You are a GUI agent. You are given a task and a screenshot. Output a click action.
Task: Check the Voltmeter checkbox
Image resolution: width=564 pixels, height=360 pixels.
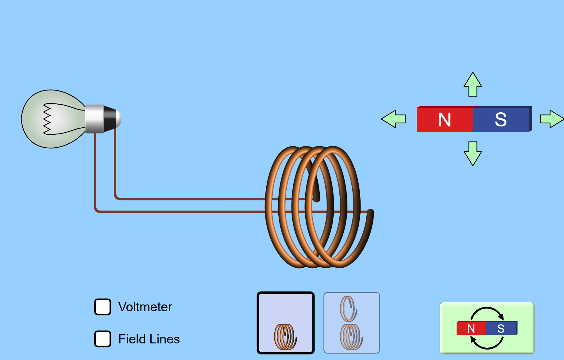[102, 307]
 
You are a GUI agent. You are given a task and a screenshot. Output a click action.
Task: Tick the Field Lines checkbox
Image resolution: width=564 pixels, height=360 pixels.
[102, 339]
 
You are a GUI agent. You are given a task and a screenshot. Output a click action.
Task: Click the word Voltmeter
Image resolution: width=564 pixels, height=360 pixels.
[145, 307]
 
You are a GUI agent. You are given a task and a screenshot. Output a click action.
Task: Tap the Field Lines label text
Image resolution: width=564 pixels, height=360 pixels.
[149, 339]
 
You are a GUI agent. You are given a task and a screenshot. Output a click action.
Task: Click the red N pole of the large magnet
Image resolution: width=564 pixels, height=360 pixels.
[445, 119]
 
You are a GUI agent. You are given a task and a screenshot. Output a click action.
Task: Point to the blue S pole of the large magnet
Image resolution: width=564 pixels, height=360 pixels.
[501, 119]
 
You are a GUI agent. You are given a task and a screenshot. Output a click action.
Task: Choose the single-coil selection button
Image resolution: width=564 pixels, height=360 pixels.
[286, 323]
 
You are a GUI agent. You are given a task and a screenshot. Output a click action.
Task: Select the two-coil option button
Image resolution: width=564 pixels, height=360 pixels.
[352, 323]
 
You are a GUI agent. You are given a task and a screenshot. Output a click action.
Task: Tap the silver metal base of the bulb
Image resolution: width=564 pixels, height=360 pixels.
[95, 119]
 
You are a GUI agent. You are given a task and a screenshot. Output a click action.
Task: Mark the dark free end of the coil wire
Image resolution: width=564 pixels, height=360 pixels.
[370, 212]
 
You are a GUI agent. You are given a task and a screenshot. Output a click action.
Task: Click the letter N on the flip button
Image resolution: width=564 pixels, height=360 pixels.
[471, 328]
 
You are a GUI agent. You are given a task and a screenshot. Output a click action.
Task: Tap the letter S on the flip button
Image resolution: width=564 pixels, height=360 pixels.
[501, 328]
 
